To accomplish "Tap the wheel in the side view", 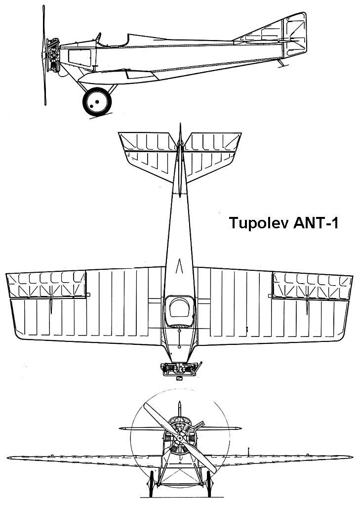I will (x=97, y=101).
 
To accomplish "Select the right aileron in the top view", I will (x=312, y=286).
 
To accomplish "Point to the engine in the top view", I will (x=181, y=368).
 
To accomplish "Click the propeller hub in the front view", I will (x=181, y=439).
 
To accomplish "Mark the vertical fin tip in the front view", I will (x=181, y=406).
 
